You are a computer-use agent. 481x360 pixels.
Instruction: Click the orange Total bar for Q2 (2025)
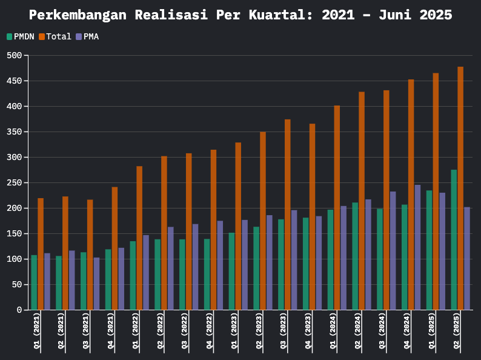[460, 188]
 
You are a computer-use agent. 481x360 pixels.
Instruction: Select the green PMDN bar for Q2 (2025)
[454, 240]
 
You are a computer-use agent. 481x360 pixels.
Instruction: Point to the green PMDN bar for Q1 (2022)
[133, 276]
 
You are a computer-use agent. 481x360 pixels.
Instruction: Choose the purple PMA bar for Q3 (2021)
[96, 284]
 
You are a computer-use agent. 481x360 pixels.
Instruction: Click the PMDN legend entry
[21, 37]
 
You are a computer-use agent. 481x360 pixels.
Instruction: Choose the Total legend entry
[55, 37]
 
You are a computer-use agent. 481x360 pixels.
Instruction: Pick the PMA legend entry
[87, 37]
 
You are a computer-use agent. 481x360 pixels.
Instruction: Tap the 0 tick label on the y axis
[19, 310]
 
